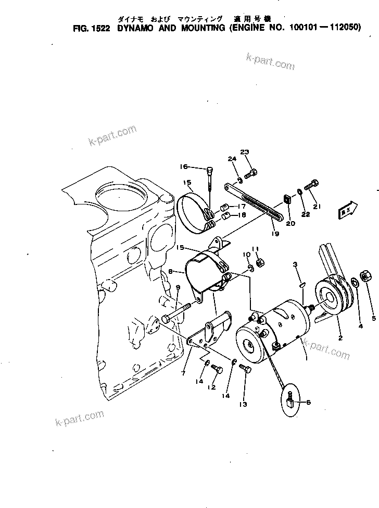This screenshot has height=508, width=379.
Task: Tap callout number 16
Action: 183,167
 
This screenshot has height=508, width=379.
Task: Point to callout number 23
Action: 245,152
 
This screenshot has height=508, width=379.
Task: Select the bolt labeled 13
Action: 245,369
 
